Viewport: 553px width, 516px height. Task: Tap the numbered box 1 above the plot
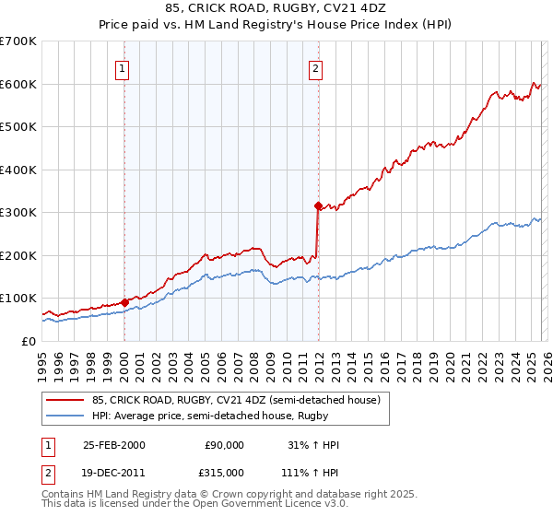click(123, 66)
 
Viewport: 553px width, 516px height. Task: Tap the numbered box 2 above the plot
click(316, 66)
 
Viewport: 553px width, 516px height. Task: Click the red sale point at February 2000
click(124, 301)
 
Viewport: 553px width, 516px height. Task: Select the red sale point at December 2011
click(317, 205)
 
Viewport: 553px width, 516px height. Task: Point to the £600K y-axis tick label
click(18, 84)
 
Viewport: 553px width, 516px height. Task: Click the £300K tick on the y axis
click(18, 213)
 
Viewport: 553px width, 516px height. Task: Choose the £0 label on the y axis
click(28, 341)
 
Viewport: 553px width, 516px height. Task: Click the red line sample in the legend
click(65, 400)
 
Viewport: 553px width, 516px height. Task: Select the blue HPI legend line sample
click(65, 416)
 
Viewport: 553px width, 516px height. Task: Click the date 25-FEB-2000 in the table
click(113, 445)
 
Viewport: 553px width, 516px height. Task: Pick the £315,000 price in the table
click(224, 471)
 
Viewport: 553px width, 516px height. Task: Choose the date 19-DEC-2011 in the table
click(113, 471)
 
